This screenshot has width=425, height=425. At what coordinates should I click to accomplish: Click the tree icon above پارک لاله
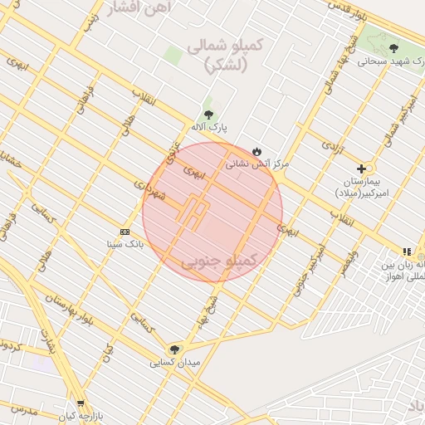tap(208, 115)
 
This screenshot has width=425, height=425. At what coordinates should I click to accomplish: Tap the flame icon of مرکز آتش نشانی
tap(257, 151)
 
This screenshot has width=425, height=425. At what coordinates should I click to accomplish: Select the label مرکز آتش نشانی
tap(257, 164)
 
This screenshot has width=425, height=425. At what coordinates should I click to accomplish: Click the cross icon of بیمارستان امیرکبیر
tap(361, 169)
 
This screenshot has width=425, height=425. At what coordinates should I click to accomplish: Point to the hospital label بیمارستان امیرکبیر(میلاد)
tap(362, 186)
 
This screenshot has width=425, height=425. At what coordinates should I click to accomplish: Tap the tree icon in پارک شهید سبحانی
tap(393, 49)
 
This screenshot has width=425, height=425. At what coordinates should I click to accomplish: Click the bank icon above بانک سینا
tap(125, 231)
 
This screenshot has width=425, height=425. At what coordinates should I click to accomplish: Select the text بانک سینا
tap(125, 244)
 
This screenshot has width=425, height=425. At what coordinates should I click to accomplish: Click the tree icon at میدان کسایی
tap(174, 349)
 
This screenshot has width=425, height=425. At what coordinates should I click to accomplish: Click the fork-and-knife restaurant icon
tap(406, 252)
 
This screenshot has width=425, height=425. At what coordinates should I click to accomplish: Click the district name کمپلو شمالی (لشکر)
tap(224, 55)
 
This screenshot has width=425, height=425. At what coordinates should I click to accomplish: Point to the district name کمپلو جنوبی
tap(220, 261)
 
